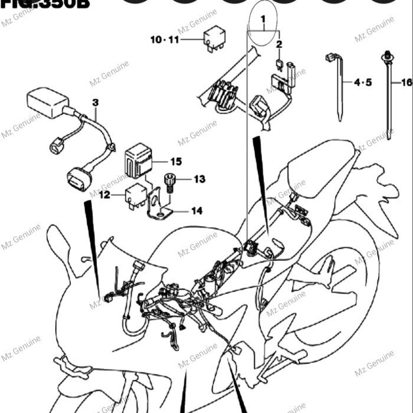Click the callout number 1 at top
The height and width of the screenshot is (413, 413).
pos(264,19)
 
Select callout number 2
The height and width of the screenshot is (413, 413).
pos(279,44)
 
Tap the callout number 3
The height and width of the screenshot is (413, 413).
pos(95,103)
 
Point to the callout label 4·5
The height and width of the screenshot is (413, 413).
pos(363,83)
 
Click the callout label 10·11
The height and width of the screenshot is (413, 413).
pos(164,40)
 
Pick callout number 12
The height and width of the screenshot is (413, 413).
pos(104,194)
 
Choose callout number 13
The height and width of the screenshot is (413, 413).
pos(199,179)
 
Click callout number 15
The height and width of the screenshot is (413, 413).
pos(176,161)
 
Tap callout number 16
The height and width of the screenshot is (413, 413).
pos(406,83)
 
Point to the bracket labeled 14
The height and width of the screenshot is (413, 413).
pos(159,206)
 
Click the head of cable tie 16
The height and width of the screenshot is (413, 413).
pos(388,57)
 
